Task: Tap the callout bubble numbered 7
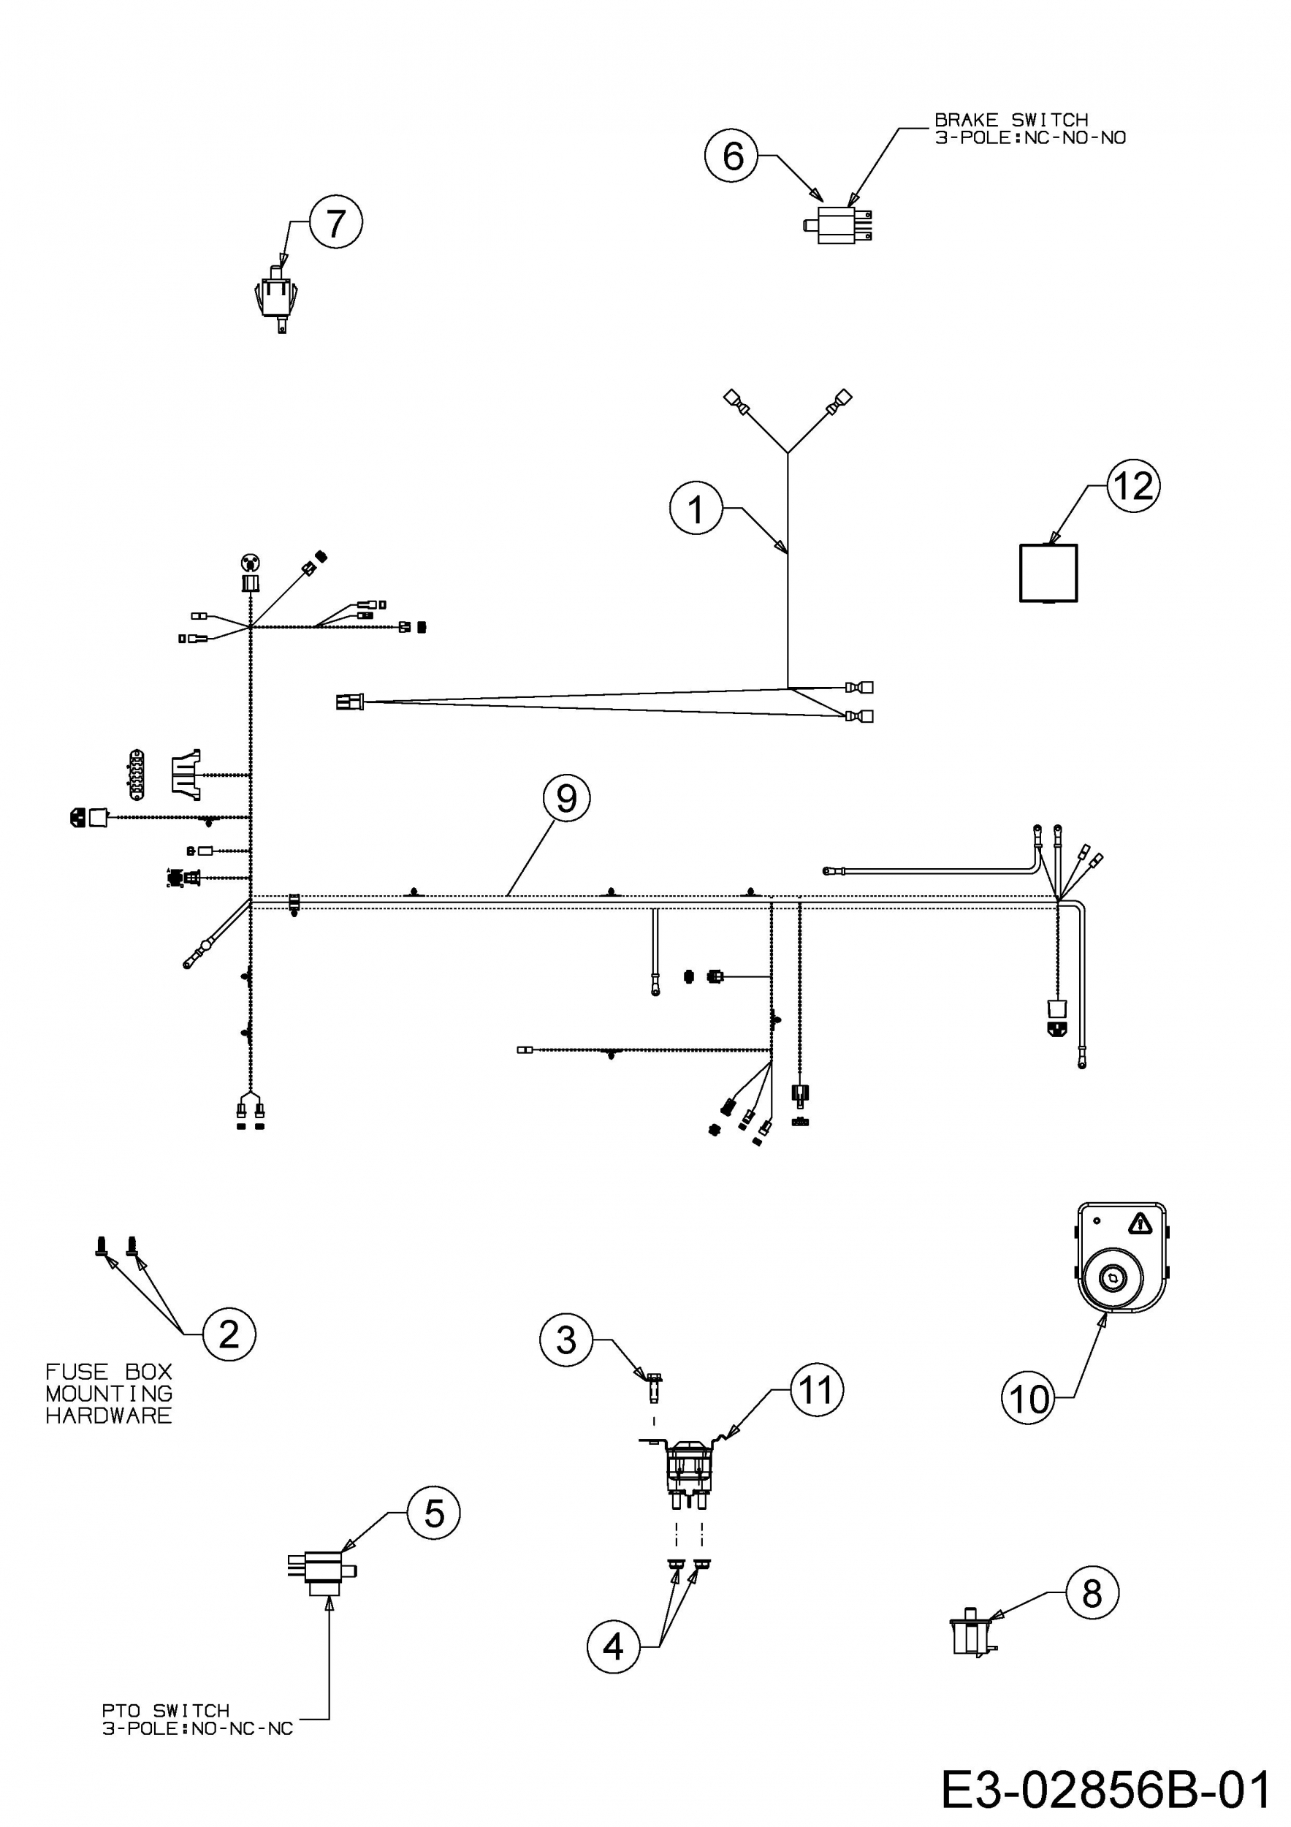(335, 222)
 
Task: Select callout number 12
(1133, 485)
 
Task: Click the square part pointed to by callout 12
(1048, 573)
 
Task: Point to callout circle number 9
(566, 798)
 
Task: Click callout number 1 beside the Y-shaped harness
(696, 509)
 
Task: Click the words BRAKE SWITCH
(1011, 119)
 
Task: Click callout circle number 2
(229, 1334)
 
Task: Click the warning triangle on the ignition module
(1140, 1223)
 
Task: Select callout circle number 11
(816, 1389)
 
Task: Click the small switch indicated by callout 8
(974, 1630)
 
